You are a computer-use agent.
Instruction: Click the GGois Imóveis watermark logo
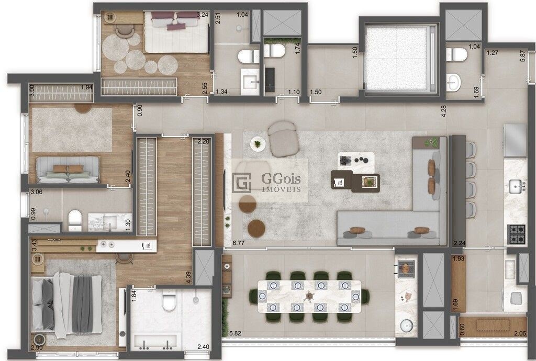[266, 183]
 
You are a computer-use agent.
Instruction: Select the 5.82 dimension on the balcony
[236, 333]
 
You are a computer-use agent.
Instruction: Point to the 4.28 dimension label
[444, 111]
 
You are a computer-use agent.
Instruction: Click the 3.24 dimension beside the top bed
[203, 15]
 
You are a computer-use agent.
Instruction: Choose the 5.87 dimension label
[522, 57]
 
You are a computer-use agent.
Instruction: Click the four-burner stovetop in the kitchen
[517, 234]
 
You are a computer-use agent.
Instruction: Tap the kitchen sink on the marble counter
[516, 186]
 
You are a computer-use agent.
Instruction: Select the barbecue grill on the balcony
[406, 267]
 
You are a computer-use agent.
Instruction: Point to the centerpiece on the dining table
[309, 296]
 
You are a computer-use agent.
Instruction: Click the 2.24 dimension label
[460, 243]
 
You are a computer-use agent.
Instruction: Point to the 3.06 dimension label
[37, 192]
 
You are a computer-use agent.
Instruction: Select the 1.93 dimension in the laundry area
[459, 258]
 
